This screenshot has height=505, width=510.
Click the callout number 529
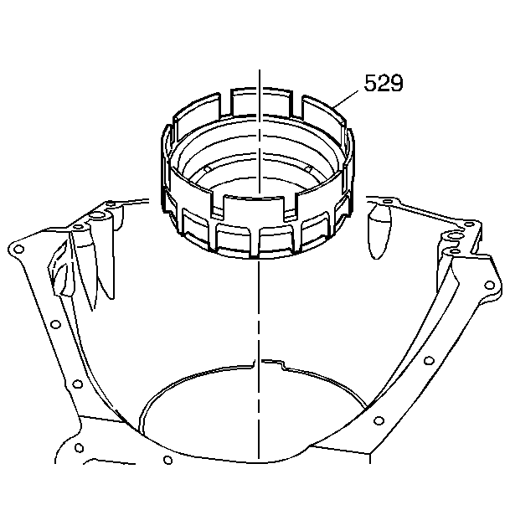pos(384,83)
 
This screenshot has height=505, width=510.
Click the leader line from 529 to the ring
pos(346,99)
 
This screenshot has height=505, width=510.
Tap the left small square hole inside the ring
pos(207,169)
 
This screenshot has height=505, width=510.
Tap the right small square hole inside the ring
pos(309,169)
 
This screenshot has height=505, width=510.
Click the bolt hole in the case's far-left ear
pos(19,249)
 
